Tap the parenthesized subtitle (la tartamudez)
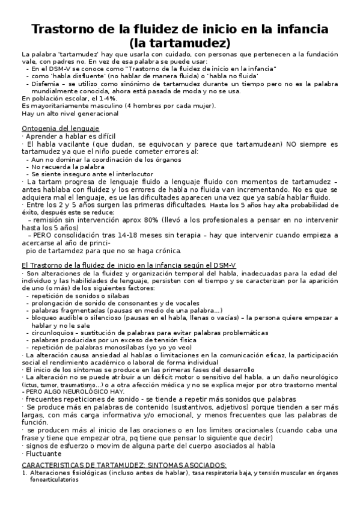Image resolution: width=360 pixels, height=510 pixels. pos(180,43)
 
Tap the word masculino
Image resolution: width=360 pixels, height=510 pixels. pos(97,106)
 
